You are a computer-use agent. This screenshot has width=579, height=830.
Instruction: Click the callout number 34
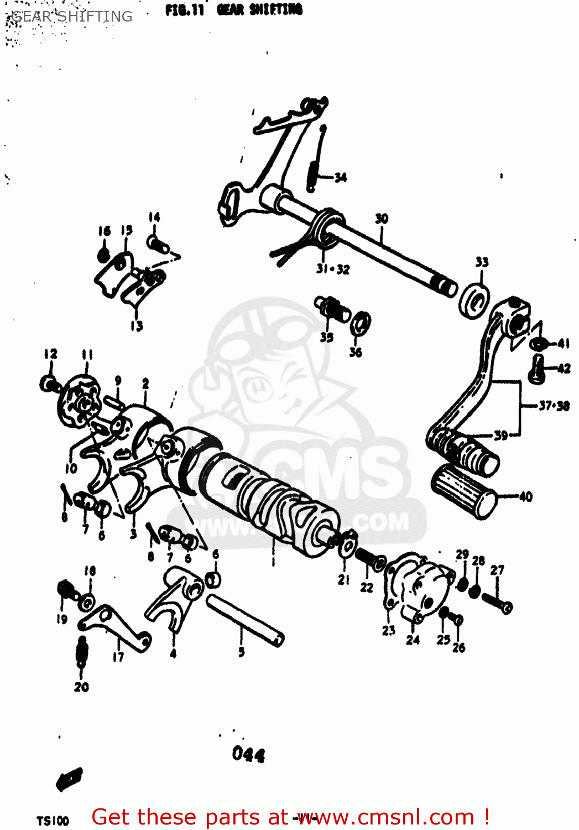[341, 178]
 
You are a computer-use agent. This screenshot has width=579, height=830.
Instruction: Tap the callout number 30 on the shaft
[382, 219]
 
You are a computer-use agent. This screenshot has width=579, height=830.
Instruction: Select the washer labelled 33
[474, 301]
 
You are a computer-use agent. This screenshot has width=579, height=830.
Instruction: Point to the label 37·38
[554, 406]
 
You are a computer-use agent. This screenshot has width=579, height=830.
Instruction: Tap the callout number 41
[563, 344]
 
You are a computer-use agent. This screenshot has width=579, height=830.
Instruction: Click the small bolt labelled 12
[49, 383]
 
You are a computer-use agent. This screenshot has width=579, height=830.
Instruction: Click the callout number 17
[118, 657]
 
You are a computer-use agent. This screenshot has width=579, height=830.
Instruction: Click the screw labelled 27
[497, 603]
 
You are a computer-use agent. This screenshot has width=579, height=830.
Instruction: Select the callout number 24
[413, 640]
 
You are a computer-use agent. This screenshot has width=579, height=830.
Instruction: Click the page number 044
[248, 754]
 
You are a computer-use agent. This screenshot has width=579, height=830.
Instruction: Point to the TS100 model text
[53, 821]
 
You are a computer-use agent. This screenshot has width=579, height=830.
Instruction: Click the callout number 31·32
[333, 269]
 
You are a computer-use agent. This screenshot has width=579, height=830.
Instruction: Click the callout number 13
[137, 326]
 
